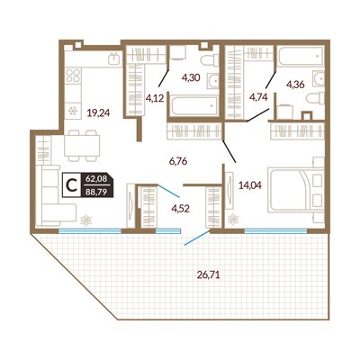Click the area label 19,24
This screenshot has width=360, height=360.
pyautogui.click(x=99, y=112)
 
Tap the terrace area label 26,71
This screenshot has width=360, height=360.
pyautogui.click(x=209, y=274)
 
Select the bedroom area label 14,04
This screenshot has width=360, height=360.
pyautogui.click(x=250, y=185)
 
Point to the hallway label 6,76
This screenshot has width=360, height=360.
pyautogui.click(x=178, y=161)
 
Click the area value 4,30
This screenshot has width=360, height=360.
pyautogui.click(x=191, y=78)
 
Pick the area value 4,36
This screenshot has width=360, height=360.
pyautogui.click(x=295, y=85)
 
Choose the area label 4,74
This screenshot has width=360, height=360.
pyautogui.click(x=258, y=96)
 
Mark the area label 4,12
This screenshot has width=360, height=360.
pyautogui.click(x=155, y=97)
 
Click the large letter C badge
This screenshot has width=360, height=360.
pyautogui.click(x=71, y=185)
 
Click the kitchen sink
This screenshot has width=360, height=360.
pyautogui.click(x=114, y=58)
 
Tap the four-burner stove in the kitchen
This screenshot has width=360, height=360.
pyautogui.click(x=74, y=76)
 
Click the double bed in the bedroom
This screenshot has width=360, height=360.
pyautogui.click(x=296, y=190)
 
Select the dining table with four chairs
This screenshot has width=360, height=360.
pyautogui.click(x=82, y=146)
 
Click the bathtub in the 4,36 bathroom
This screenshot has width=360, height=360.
pyautogui.click(x=301, y=56)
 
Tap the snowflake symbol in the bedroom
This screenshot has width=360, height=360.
pyautogui.click(x=233, y=220)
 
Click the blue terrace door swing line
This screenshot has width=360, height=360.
pyautogui.click(x=197, y=238)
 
